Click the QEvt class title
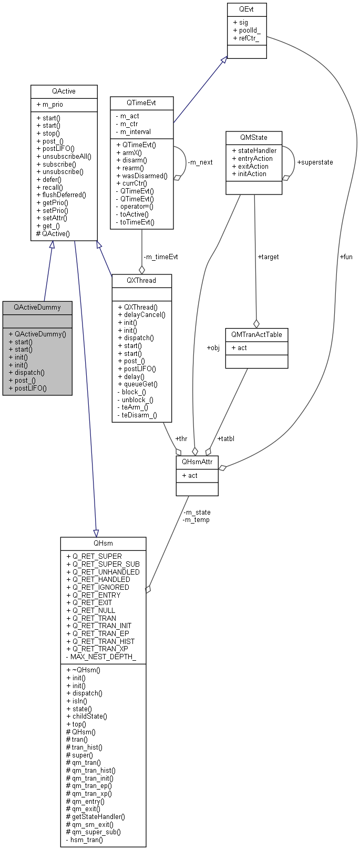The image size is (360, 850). click(x=246, y=9)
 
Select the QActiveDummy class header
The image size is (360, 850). click(x=37, y=307)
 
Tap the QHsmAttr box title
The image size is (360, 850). click(x=197, y=462)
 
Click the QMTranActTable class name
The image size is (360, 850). click(x=256, y=334)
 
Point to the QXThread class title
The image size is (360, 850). click(x=141, y=280)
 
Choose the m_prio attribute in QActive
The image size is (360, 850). click(x=50, y=105)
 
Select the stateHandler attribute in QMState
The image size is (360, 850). click(x=254, y=151)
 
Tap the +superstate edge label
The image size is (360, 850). click(x=315, y=162)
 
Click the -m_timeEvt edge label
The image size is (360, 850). click(x=160, y=257)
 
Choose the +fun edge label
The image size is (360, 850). click(x=346, y=257)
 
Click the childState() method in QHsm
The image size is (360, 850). click(x=87, y=716)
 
